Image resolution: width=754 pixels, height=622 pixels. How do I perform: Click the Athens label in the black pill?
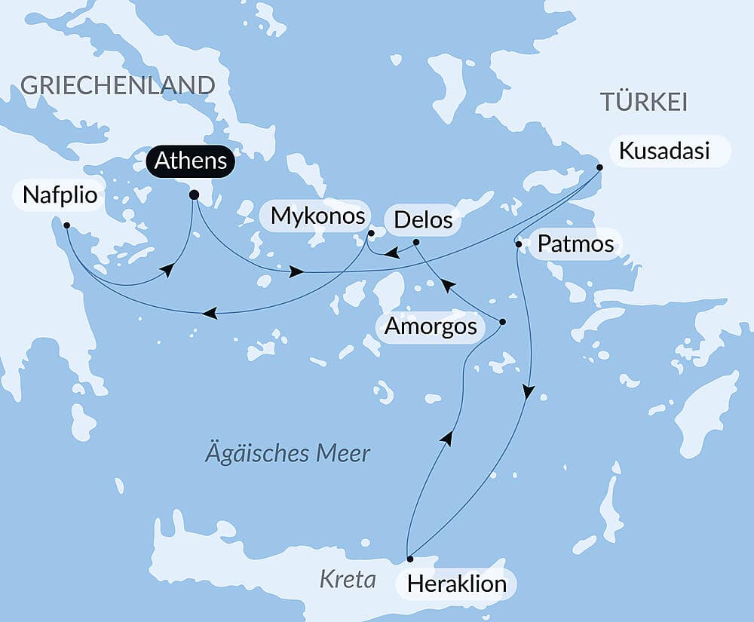pos(191,161)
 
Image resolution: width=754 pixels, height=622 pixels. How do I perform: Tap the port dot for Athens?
pos(194,195)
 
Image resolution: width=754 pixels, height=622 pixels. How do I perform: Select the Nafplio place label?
pos(60,195)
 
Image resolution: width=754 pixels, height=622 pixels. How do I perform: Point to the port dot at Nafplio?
pos(67,225)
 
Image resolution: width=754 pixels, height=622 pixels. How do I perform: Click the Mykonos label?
pos(318,216)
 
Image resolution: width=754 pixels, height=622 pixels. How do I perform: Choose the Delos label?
pos(423,220)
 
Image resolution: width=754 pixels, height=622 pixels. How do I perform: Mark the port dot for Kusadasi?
pos(599,167)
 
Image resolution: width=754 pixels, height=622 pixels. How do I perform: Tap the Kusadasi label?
pos(664,151)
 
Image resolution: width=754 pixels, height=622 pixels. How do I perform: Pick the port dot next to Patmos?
pos(518,244)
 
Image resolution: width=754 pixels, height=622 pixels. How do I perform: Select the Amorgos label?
pos(431,326)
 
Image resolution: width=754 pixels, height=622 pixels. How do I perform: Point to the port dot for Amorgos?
pos(503,322)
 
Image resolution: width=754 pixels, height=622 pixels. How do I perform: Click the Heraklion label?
pos(456,584)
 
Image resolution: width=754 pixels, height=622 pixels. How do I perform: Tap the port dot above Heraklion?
pos(410,559)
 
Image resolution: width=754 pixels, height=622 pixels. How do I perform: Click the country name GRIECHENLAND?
pos(118,85)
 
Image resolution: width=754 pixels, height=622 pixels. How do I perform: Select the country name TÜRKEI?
pos(643,102)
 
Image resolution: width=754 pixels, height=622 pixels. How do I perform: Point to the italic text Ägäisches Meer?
pos(287,454)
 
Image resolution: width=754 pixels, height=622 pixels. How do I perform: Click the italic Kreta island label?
pos(348,579)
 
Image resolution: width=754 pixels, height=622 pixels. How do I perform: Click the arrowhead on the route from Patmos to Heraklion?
pos(529,392)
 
